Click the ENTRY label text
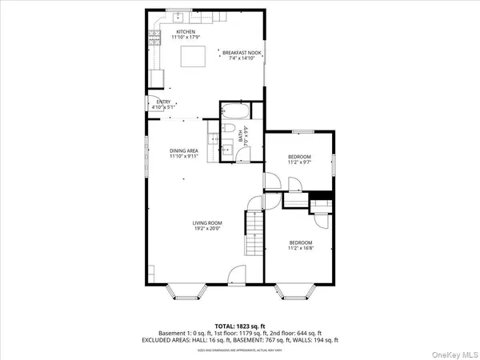click(163, 102)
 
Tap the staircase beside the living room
click(253, 235)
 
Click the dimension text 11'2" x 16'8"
click(301, 248)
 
